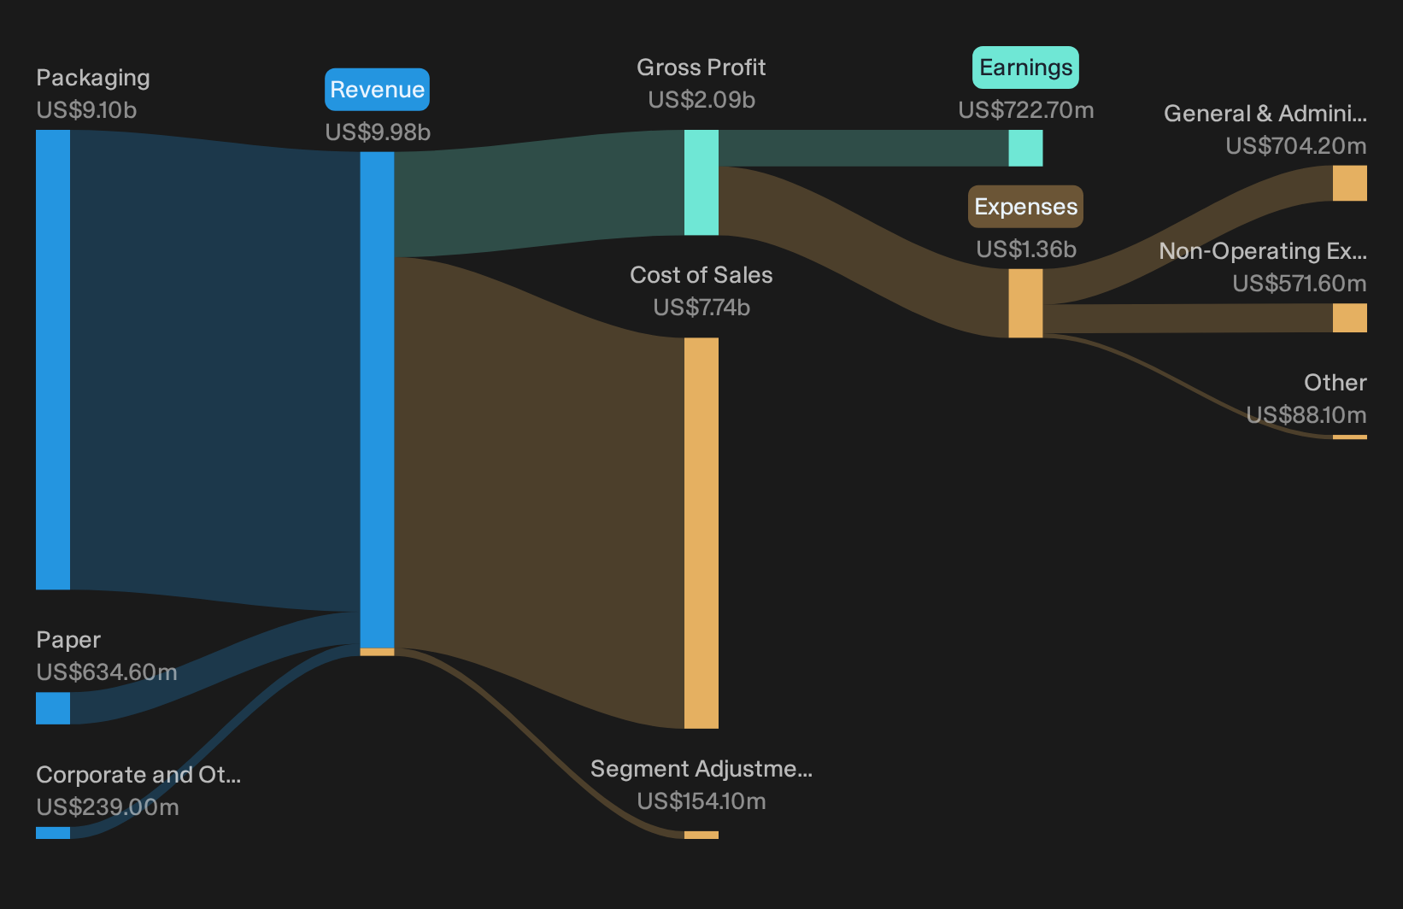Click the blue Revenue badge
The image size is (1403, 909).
click(x=377, y=90)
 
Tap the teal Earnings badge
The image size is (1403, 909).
click(x=1025, y=67)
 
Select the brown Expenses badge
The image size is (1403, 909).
click(x=1025, y=207)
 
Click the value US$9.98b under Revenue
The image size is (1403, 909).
click(x=378, y=132)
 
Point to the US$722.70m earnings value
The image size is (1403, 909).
click(x=1026, y=110)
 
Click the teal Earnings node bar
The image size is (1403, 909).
click(x=1025, y=148)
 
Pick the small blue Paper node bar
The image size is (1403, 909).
click(x=53, y=708)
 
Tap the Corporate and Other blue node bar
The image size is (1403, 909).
click(x=53, y=833)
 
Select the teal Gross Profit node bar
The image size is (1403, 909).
click(x=701, y=182)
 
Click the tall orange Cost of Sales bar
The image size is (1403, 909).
click(x=701, y=533)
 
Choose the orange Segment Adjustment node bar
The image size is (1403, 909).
click(x=701, y=835)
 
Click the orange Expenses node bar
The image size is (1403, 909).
click(x=1025, y=303)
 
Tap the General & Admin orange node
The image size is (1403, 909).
click(x=1350, y=183)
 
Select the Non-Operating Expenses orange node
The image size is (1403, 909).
click(x=1350, y=318)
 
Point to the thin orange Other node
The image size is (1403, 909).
click(x=1350, y=437)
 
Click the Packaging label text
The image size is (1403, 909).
click(x=92, y=79)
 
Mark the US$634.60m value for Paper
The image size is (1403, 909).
click(x=107, y=672)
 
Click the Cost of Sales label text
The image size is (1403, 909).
click(x=701, y=275)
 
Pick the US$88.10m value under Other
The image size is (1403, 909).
click(x=1306, y=414)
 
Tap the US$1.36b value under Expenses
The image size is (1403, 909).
click(x=1026, y=249)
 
